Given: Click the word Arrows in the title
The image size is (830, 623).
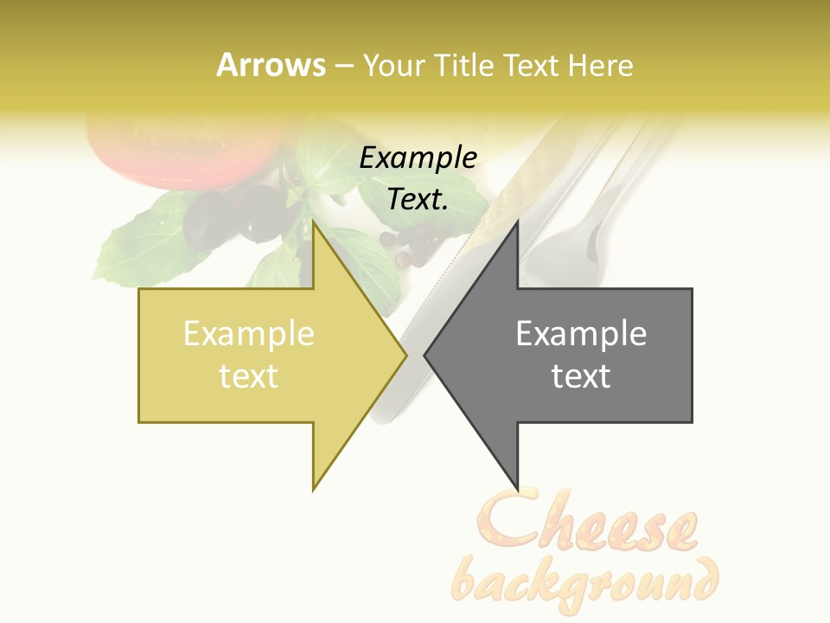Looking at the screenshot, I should pos(271,65).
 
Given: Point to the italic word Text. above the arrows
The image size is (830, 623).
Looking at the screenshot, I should pos(418,199).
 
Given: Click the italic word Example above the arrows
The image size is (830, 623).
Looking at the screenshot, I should pos(418,158).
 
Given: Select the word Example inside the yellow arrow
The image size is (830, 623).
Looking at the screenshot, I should pos(249,334).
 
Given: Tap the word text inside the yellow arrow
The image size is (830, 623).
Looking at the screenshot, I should pos(249,376).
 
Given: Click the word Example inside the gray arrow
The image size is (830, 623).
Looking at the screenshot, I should pos(581,334).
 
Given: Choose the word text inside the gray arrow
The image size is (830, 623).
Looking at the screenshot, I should pos(581,376).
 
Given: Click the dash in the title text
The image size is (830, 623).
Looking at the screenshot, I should pos(343,66).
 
